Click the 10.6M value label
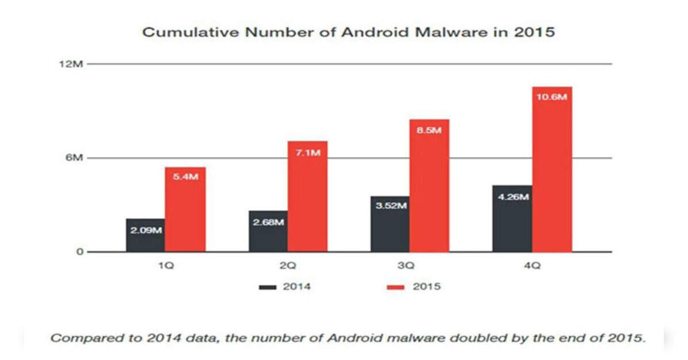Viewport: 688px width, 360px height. pos(551,97)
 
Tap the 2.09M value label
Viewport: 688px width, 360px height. pos(146,230)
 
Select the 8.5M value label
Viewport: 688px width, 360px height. pos(429,130)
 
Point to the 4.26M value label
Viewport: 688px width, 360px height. pos(512,197)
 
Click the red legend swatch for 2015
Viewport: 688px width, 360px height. pos(396,287)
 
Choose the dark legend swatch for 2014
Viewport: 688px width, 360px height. pos(268,287)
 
